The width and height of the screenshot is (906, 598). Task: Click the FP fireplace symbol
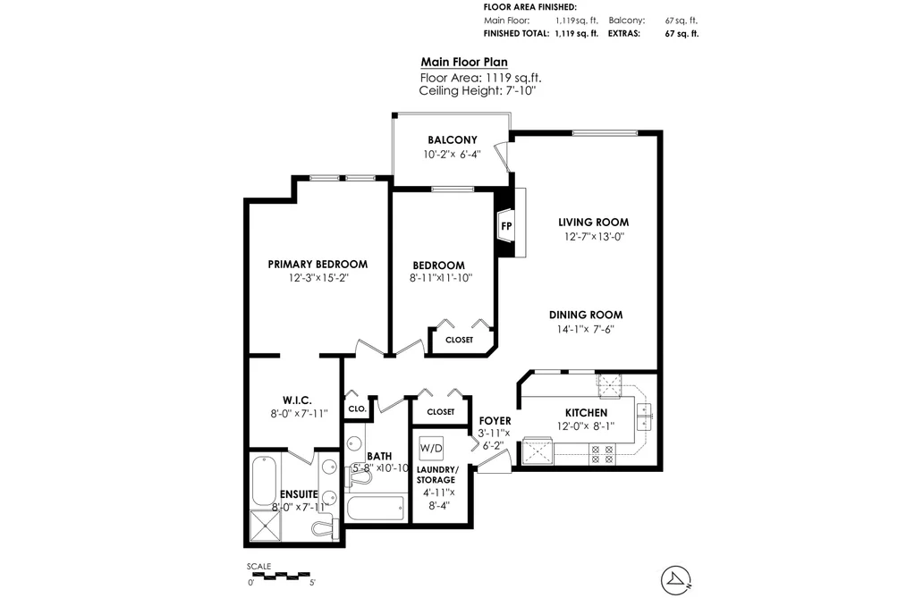coord(507,225)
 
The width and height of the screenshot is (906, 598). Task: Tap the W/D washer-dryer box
coord(431,448)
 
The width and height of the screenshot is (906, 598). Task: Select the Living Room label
coord(593,223)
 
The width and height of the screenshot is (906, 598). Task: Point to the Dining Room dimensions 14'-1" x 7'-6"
coord(585,330)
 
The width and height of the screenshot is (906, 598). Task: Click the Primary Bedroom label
coord(318,265)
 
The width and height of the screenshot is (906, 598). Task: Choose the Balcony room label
coord(453,139)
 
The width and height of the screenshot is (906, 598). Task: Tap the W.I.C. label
coord(298,400)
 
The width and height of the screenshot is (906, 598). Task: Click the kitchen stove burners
coord(602,454)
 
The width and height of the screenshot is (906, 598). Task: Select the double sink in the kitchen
coord(644,417)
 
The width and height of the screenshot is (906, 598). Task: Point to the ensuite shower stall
coord(266,526)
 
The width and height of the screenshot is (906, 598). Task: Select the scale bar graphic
coord(281,575)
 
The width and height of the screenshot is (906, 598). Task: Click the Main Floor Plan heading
coord(464,63)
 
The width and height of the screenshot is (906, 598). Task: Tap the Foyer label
coord(495,421)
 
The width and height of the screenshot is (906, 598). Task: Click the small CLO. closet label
coord(357,408)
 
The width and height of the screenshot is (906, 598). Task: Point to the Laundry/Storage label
coord(436,475)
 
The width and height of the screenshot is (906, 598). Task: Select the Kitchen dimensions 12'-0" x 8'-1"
coord(586,426)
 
